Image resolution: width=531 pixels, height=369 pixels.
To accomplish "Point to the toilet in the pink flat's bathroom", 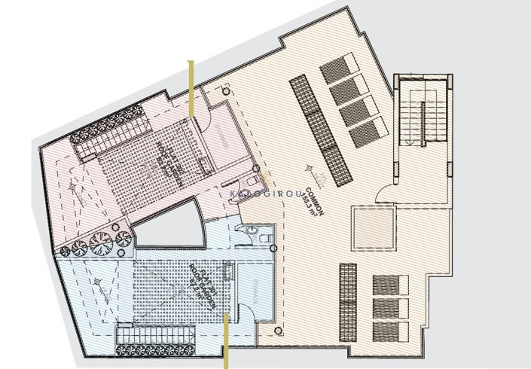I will (251, 185).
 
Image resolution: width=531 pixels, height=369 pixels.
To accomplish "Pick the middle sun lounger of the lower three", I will (390, 306).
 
